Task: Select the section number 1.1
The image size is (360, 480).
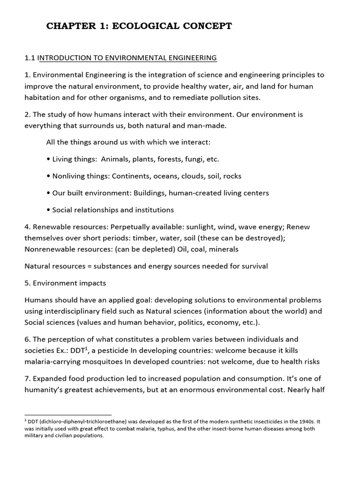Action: (x=30, y=58)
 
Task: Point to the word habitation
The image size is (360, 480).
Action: (x=45, y=97)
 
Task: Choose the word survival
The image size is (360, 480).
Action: (x=252, y=266)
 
